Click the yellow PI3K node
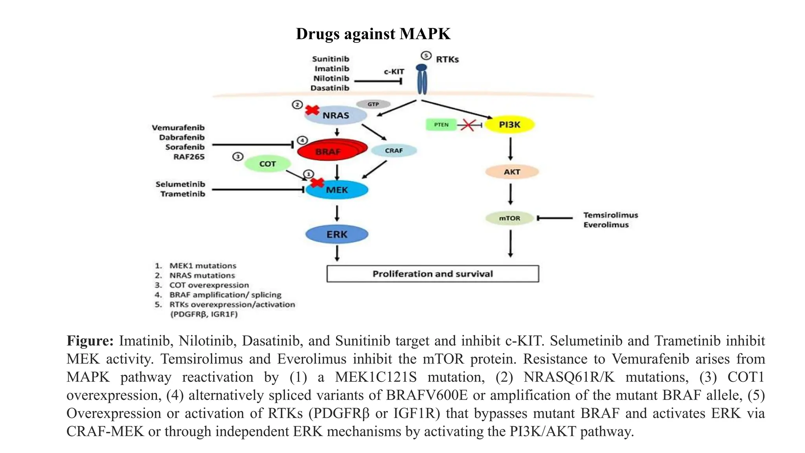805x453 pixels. [x=509, y=125]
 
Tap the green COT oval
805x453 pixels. [x=267, y=164]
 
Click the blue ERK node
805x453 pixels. [x=336, y=234]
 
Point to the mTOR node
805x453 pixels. [x=509, y=218]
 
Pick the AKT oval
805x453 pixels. [x=511, y=172]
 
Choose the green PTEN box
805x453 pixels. [x=441, y=125]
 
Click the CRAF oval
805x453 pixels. [x=393, y=151]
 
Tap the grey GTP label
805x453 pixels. [x=373, y=104]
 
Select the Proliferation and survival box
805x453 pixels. [x=432, y=274]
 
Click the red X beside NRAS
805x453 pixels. [x=312, y=110]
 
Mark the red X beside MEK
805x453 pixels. [x=317, y=182]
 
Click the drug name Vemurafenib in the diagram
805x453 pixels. [x=178, y=128]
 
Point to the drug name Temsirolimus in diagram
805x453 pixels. [x=610, y=215]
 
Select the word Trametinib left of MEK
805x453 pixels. [x=182, y=194]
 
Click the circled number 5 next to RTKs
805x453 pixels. [x=426, y=55]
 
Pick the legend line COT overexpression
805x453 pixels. [x=209, y=285]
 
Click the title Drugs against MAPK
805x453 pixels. [x=373, y=34]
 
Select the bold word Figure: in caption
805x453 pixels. [x=90, y=341]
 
